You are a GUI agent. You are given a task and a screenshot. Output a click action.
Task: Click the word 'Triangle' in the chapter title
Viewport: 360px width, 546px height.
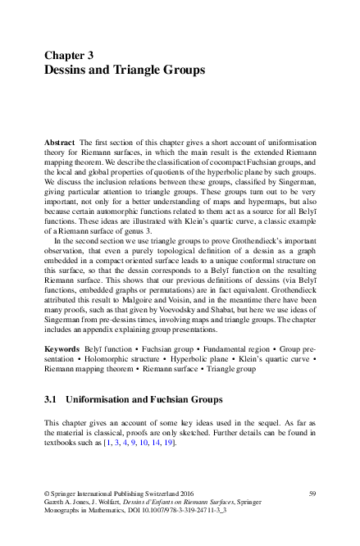click(x=138, y=71)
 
